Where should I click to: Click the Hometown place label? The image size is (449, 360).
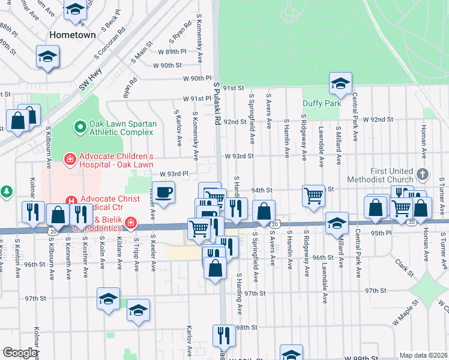[73, 35]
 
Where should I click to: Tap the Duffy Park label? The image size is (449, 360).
[322, 103]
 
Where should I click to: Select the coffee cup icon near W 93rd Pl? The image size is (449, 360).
[163, 193]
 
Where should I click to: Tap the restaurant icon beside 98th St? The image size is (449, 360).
[223, 335]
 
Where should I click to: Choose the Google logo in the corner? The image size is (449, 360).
[20, 352]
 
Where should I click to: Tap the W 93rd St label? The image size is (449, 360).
[239, 155]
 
